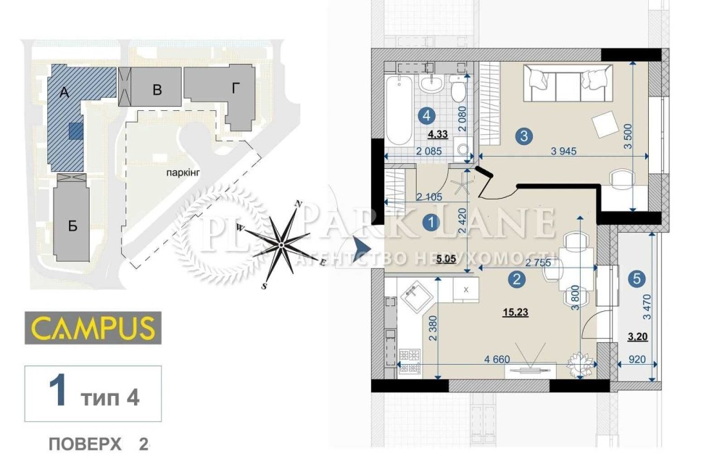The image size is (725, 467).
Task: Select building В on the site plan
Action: click(156, 90)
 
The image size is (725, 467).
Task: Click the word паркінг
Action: click(181, 172)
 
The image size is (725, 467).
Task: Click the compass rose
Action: click(283, 244)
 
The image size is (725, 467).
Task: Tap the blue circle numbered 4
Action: click(428, 115)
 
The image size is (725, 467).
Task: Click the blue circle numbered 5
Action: click(636, 278)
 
